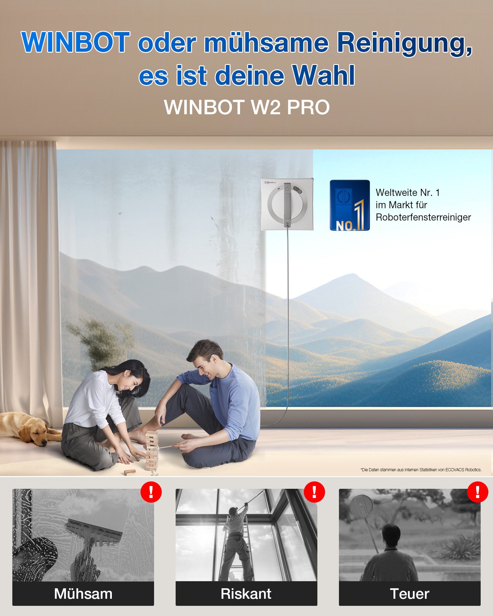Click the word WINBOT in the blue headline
pyautogui.click(x=75, y=42)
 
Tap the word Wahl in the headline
pyautogui.click(x=324, y=75)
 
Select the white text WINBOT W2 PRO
pyautogui.click(x=247, y=107)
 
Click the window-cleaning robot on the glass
pyautogui.click(x=287, y=204)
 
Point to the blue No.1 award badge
pyautogui.click(x=350, y=205)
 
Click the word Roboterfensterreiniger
pyautogui.click(x=423, y=217)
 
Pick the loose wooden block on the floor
pyautogui.click(x=130, y=472)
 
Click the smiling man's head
pyautogui.click(x=205, y=359)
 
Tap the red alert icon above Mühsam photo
pyautogui.click(x=151, y=492)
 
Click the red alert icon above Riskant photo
pyautogui.click(x=314, y=492)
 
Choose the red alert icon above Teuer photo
pyautogui.click(x=478, y=492)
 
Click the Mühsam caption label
pyautogui.click(x=83, y=594)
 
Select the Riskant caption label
pyautogui.click(x=246, y=594)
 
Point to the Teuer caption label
pyautogui.click(x=409, y=594)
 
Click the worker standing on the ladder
pyautogui.click(x=236, y=542)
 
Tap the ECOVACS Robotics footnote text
pyautogui.click(x=421, y=470)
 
